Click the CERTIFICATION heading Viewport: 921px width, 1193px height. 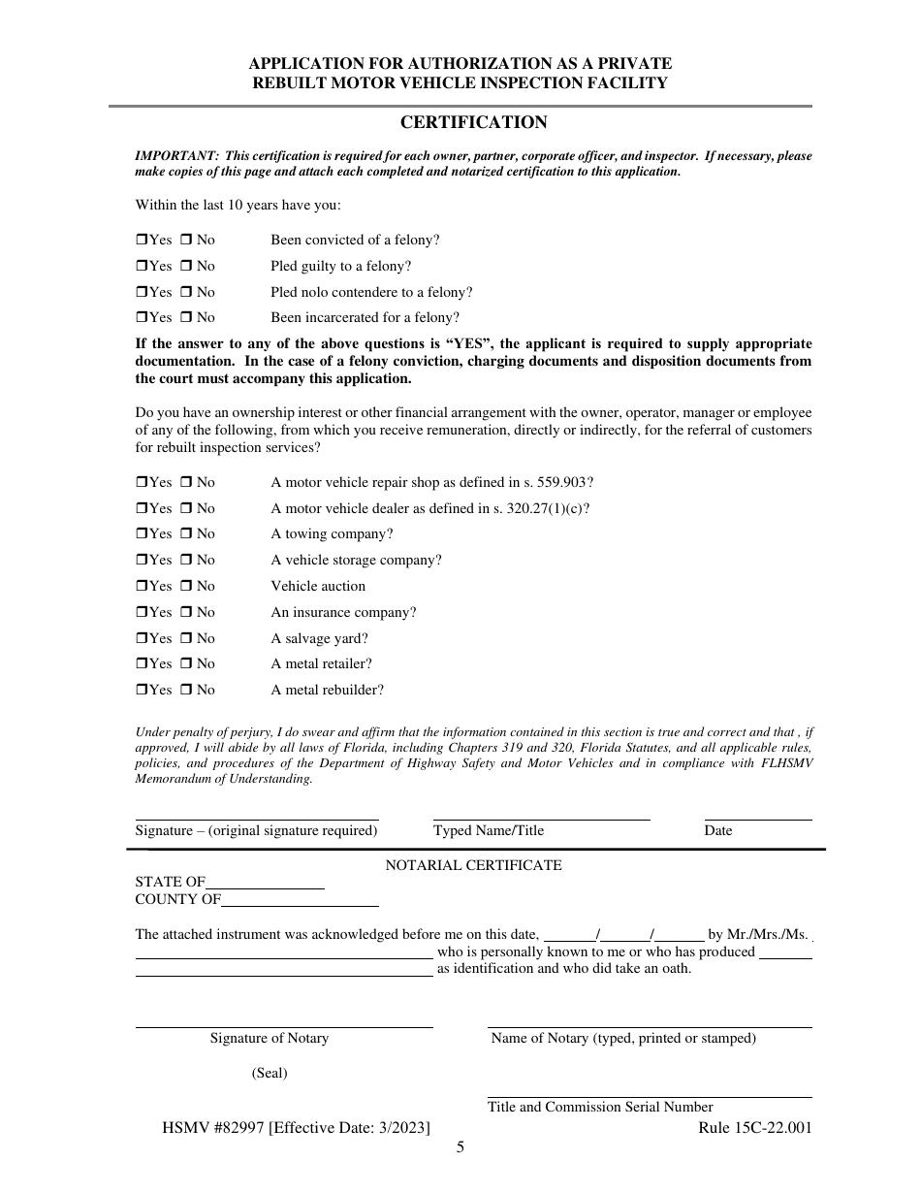pyautogui.click(x=473, y=122)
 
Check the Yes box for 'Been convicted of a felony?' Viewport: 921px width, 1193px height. pyautogui.click(x=141, y=241)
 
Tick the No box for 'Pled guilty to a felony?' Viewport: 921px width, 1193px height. pyautogui.click(x=187, y=267)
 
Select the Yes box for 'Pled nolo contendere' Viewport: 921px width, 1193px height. pyautogui.click(x=141, y=293)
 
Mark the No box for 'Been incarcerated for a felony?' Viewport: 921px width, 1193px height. pyautogui.click(x=187, y=318)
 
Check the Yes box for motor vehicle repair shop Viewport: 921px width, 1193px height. pyautogui.click(x=141, y=483)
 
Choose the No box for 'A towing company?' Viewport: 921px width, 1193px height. pyautogui.click(x=187, y=534)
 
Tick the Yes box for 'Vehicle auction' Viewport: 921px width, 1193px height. pyautogui.click(x=141, y=587)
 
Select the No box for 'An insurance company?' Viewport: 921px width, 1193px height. pyautogui.click(x=187, y=613)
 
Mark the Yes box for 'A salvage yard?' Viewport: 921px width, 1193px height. pyautogui.click(x=141, y=639)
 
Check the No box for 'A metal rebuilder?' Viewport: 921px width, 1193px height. pyautogui.click(x=187, y=691)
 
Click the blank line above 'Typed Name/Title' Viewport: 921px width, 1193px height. pyautogui.click(x=541, y=817)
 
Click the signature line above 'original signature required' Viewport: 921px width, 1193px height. pyautogui.click(x=256, y=817)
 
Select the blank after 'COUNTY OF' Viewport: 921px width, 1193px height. pyautogui.click(x=300, y=903)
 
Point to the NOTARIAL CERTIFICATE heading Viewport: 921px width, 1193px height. pyautogui.click(x=473, y=865)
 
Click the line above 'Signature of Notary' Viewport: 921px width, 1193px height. pyautogui.click(x=283, y=1024)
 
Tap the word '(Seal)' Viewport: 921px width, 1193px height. pyautogui.click(x=270, y=1073)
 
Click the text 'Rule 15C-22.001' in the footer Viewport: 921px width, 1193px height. pyautogui.click(x=754, y=1128)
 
